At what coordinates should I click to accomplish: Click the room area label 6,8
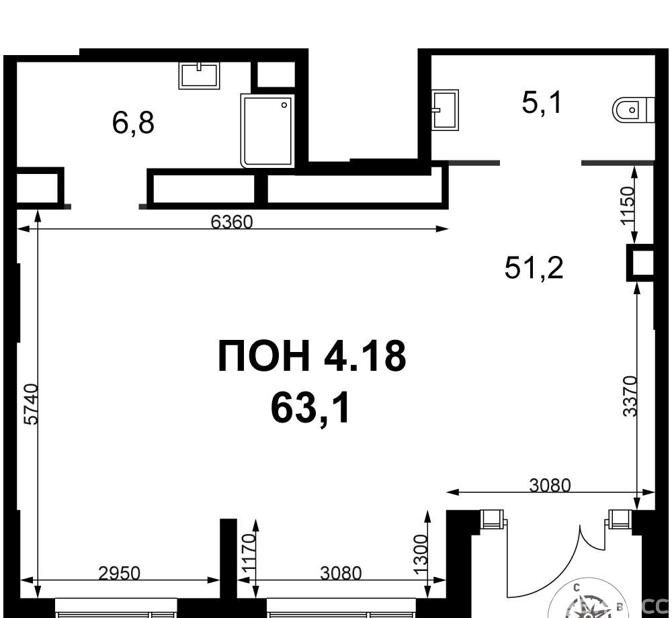(133, 123)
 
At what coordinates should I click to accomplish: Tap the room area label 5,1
(541, 103)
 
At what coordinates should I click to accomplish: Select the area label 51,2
(534, 267)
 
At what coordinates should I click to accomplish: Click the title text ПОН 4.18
(312, 356)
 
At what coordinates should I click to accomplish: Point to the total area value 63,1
(310, 408)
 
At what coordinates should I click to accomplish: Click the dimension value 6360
(232, 222)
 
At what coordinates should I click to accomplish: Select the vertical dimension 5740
(32, 404)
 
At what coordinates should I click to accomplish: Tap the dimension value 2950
(119, 573)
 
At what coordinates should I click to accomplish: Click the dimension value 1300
(421, 555)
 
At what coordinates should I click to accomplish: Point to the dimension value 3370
(630, 396)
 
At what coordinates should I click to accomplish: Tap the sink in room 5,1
(446, 109)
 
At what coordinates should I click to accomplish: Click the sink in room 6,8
(200, 75)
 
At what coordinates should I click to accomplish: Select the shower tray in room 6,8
(267, 131)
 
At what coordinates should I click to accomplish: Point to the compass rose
(590, 605)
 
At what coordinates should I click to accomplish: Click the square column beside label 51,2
(641, 262)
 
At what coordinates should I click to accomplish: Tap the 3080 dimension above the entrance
(550, 486)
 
